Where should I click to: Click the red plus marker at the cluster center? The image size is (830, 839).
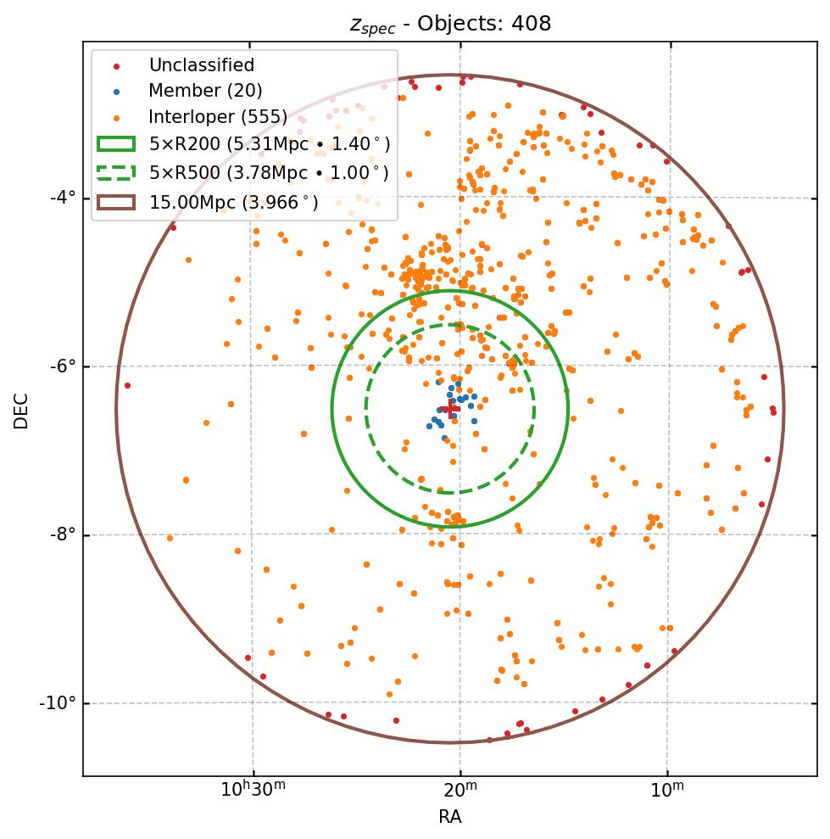click(x=450, y=409)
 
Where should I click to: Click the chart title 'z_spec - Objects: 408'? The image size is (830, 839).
click(x=450, y=24)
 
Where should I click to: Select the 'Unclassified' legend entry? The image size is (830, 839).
click(x=201, y=65)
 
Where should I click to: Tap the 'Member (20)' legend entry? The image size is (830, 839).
click(x=205, y=91)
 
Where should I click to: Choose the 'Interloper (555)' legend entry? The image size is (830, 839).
click(x=218, y=117)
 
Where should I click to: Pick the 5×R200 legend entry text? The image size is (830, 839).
click(x=270, y=144)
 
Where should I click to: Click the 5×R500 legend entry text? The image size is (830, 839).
click(x=269, y=173)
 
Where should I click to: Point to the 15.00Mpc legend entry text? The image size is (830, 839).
click(x=234, y=202)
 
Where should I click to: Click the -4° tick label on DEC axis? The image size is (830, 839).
click(x=63, y=198)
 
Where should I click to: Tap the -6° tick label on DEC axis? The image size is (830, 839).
click(x=63, y=366)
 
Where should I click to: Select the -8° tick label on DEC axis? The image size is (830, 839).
click(x=63, y=534)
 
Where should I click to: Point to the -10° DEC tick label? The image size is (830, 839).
click(x=58, y=703)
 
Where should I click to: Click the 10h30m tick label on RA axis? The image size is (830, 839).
click(x=253, y=791)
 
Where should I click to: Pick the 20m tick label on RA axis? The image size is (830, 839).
click(x=460, y=791)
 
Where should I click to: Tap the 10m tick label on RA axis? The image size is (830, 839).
click(x=668, y=791)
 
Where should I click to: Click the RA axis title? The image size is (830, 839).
click(x=450, y=817)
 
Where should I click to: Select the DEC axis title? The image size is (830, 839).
click(x=21, y=411)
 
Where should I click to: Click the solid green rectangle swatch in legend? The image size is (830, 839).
click(x=116, y=144)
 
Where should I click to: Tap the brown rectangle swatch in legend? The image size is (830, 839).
click(x=116, y=202)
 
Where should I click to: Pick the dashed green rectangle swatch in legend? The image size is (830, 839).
click(x=116, y=173)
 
